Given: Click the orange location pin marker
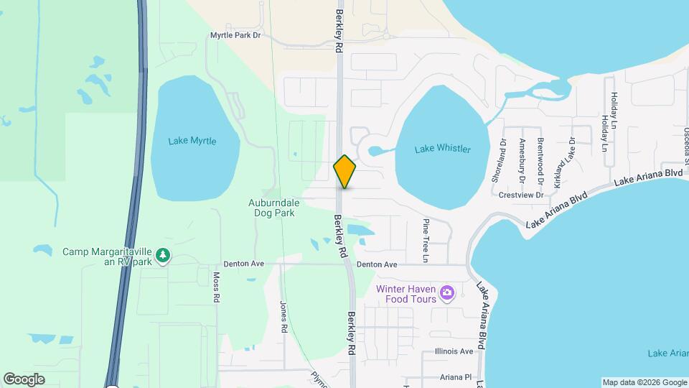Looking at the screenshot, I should (x=345, y=171).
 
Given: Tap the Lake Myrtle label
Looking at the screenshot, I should (x=192, y=141).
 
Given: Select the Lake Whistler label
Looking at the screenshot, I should (x=443, y=149).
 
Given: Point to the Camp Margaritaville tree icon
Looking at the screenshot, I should (x=164, y=255).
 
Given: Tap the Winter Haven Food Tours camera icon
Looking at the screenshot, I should (x=447, y=292).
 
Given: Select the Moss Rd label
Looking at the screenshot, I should (x=216, y=287).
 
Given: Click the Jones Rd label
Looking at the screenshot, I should (x=284, y=316).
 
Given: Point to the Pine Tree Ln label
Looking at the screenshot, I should (x=426, y=240).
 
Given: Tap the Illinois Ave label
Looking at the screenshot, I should (x=454, y=351).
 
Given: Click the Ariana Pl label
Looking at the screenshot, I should (x=456, y=377).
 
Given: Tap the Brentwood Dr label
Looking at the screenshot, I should (x=540, y=158).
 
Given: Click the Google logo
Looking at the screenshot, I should (x=24, y=379).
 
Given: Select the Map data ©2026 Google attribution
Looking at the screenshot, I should (x=644, y=382).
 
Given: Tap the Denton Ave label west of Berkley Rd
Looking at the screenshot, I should (x=244, y=264).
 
